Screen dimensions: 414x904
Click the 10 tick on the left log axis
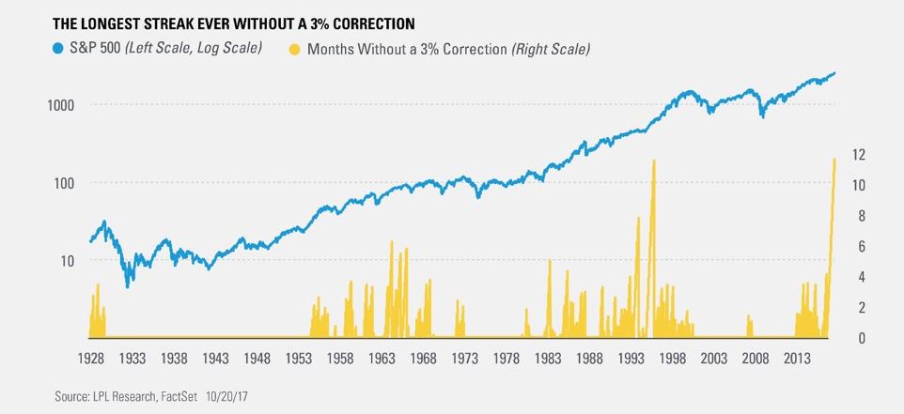click(79, 261)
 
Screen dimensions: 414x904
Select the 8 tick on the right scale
click(857, 215)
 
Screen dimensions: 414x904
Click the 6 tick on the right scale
click(857, 246)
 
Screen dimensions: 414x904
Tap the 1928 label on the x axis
click(90, 359)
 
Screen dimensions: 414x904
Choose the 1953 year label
click(299, 359)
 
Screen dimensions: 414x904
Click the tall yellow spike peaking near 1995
click(653, 162)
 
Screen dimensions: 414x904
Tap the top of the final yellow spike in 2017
click(834, 160)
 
